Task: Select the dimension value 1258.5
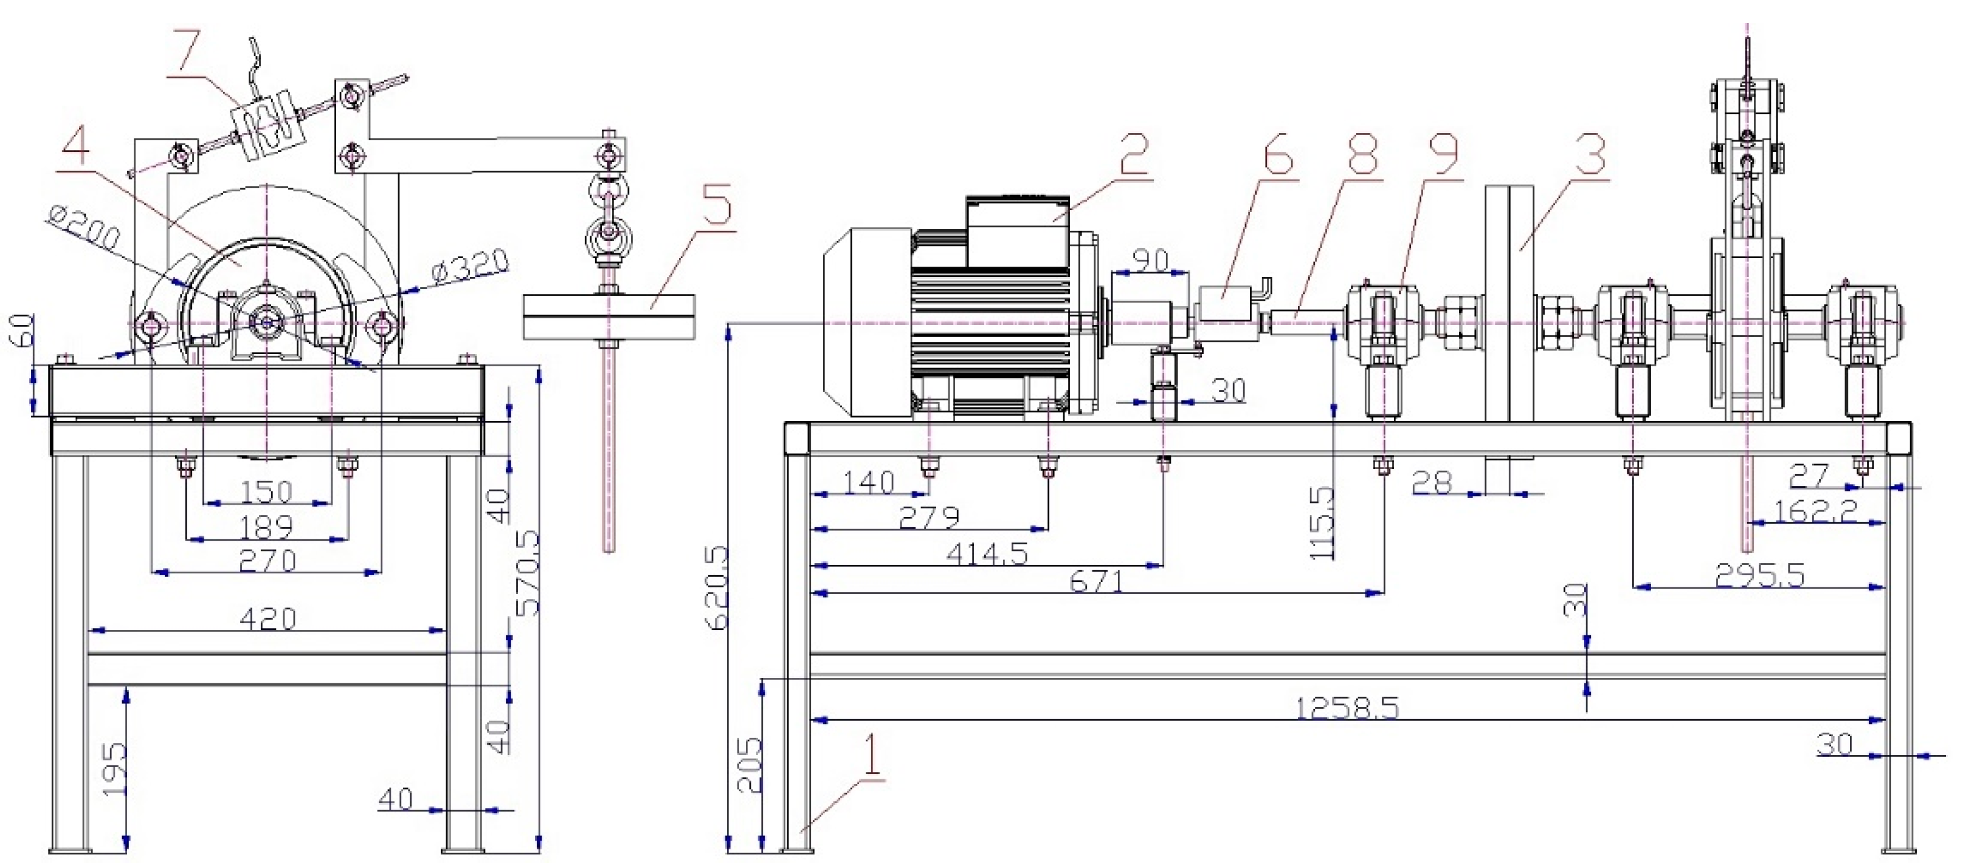pyautogui.click(x=1347, y=709)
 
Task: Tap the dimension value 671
pyautogui.click(x=1097, y=582)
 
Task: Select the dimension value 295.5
pyautogui.click(x=1759, y=575)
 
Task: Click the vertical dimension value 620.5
pyautogui.click(x=717, y=587)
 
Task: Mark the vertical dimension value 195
pyautogui.click(x=114, y=769)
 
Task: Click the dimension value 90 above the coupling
pyautogui.click(x=1150, y=260)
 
